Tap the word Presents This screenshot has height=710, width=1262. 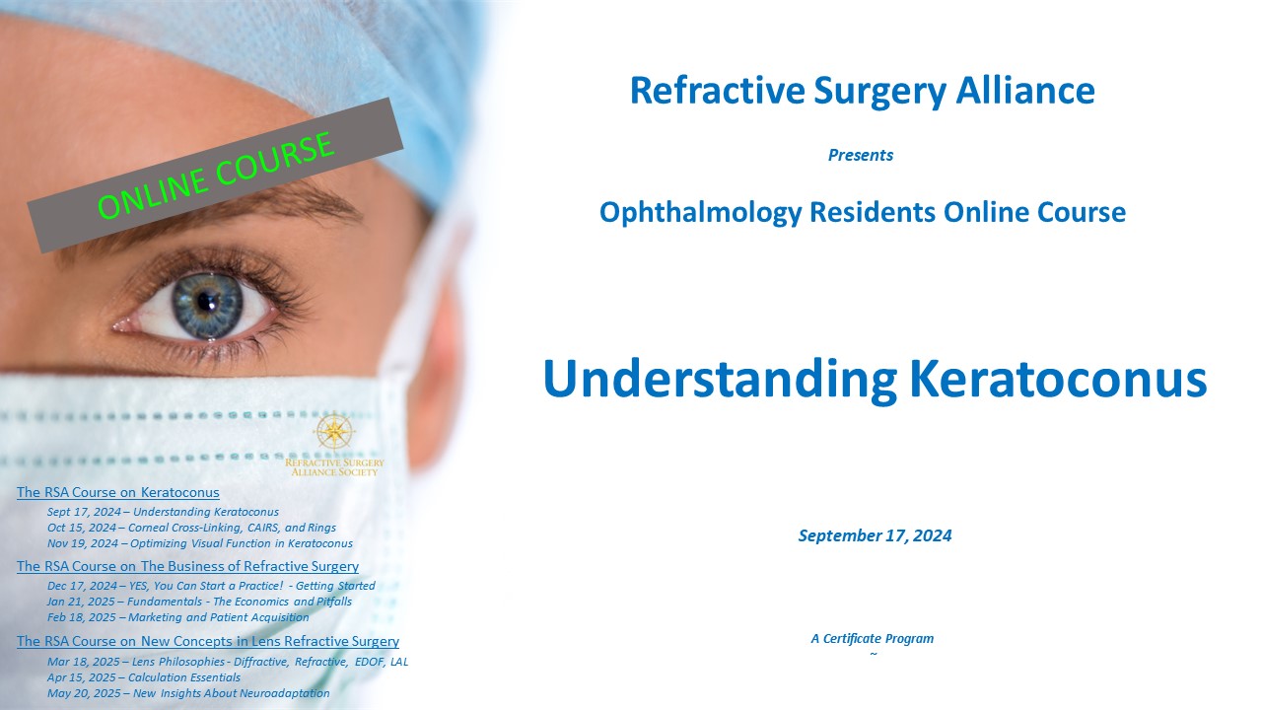coord(861,155)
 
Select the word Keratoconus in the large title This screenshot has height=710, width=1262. coord(1058,378)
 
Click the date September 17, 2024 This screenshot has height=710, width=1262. coord(875,535)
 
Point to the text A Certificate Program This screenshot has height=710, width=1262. coord(873,638)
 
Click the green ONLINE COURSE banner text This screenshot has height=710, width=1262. coord(216,176)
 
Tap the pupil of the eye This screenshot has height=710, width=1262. coord(205,302)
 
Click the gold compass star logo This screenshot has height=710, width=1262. coord(334,432)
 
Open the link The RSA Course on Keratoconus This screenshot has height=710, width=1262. coord(117,492)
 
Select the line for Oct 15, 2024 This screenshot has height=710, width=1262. coord(191,528)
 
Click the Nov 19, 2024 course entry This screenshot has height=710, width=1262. coord(200,543)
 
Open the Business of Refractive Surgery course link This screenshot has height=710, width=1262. coord(187,566)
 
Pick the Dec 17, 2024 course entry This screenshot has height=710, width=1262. coord(211,586)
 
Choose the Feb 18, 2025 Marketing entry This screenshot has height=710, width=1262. coord(178,617)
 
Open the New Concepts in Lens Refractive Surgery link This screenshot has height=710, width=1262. coord(208,641)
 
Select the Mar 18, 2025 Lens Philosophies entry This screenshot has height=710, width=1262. coord(228,662)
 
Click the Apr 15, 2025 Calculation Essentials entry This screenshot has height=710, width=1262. coord(144,677)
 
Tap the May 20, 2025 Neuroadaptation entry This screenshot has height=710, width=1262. coord(188,693)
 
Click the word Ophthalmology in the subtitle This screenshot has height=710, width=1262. coord(700,212)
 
